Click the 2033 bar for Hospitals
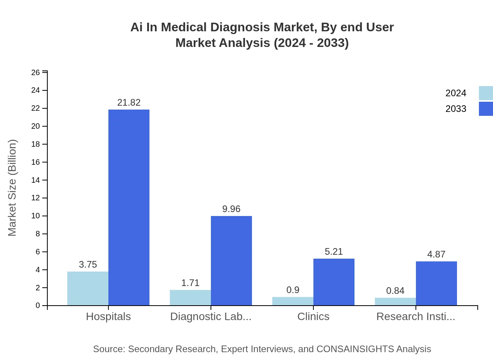click(129, 207)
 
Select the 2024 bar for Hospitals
click(88, 288)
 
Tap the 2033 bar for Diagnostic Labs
click(231, 261)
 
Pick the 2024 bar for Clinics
click(293, 301)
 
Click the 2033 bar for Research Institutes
click(436, 283)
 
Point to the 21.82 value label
click(129, 103)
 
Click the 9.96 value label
click(231, 209)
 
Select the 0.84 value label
click(395, 291)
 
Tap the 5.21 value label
click(334, 252)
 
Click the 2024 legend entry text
click(456, 93)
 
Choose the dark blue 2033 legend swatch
click(486, 109)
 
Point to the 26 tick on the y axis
click(36, 72)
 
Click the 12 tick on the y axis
click(36, 198)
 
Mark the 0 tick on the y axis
click(38, 306)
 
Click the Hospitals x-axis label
click(108, 317)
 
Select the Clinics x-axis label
click(313, 317)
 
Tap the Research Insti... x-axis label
click(416, 317)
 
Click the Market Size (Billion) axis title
click(13, 188)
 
